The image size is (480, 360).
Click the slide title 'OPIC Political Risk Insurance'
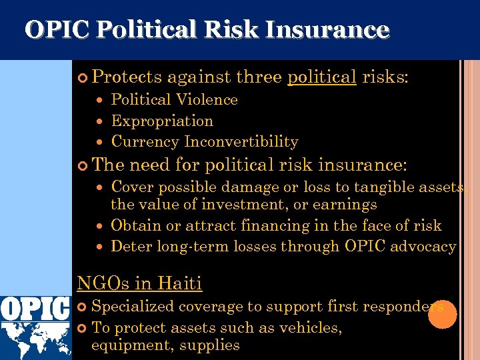pyautogui.click(x=207, y=30)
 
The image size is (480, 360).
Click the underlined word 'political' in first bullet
pyautogui.click(x=321, y=77)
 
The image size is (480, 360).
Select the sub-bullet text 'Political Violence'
pyautogui.click(x=174, y=100)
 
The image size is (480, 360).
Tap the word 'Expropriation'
pyautogui.click(x=162, y=121)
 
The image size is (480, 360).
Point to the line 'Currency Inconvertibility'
pyautogui.click(x=205, y=142)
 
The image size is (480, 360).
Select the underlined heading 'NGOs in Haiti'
pyautogui.click(x=139, y=283)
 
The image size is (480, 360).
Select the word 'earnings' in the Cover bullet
pyautogui.click(x=347, y=205)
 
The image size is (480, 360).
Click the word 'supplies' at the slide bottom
pyautogui.click(x=213, y=345)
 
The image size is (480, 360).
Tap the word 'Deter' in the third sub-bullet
pyautogui.click(x=131, y=247)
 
